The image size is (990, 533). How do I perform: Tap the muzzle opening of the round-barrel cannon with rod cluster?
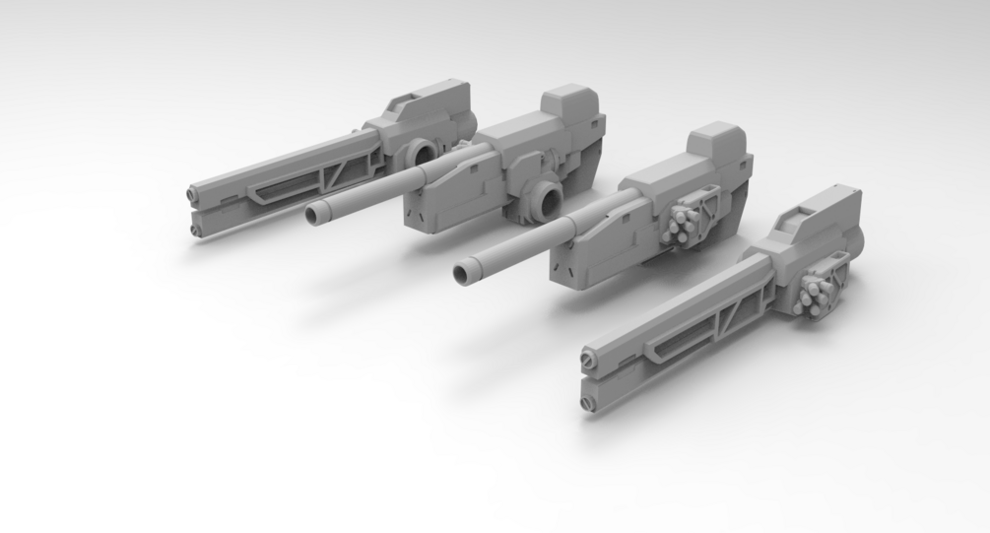click(x=464, y=269)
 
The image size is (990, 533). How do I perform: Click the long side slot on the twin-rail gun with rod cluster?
click(x=673, y=343)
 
